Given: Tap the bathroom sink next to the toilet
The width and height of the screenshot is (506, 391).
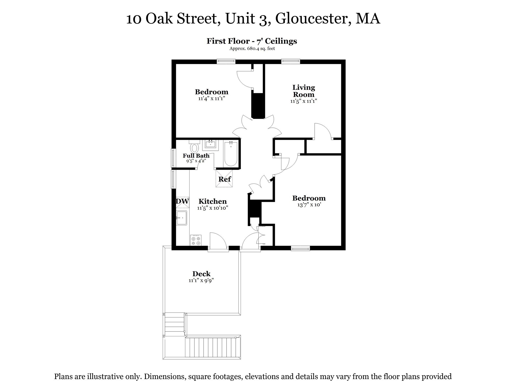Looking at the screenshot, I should (x=210, y=145).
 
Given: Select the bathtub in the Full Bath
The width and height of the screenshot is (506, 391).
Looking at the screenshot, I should (x=231, y=154).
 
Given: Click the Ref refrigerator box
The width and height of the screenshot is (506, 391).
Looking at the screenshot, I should (x=224, y=179).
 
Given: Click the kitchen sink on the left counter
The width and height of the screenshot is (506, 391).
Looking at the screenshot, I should (x=182, y=218).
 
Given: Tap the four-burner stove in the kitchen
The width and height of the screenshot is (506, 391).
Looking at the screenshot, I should (x=196, y=240).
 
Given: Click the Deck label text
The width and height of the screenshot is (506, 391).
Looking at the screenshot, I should (x=201, y=274).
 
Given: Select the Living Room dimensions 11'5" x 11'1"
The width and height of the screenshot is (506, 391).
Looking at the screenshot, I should (x=303, y=101).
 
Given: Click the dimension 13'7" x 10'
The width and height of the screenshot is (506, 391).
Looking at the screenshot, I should (x=309, y=205).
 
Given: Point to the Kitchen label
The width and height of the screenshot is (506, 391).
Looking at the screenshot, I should (x=213, y=201).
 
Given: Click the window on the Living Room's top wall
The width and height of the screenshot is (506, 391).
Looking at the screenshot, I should (x=290, y=61).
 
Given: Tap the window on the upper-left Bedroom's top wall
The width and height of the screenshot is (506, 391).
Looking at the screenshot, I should (x=226, y=61).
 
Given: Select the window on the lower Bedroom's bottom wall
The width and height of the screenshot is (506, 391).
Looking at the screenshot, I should (x=300, y=248).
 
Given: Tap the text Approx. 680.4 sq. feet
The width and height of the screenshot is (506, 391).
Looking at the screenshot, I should (x=252, y=48).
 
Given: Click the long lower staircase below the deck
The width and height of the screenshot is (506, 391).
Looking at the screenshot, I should (x=213, y=347).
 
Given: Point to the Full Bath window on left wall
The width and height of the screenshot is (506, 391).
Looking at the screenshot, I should (x=173, y=158).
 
